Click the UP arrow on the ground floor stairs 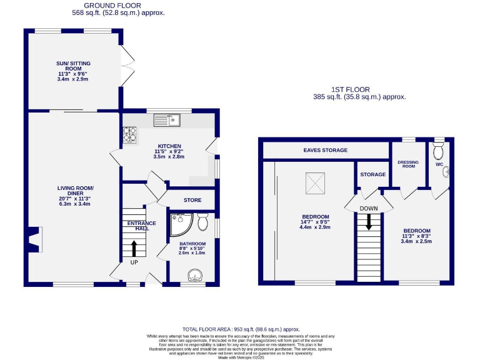coord(134,247)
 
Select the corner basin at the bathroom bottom coord(196,275)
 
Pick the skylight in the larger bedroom coord(315,182)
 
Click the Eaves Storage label coord(325,150)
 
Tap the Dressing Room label coord(407,164)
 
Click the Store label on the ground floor coord(192,201)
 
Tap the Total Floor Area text coord(241,329)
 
